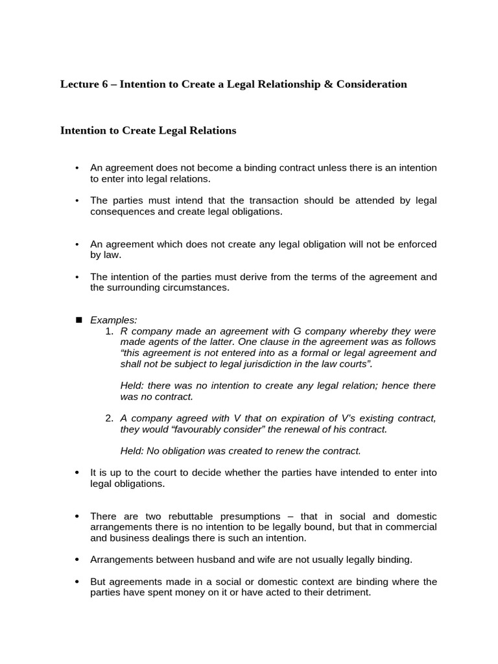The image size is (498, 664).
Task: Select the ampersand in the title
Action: [326, 84]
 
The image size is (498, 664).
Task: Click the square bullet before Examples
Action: [79, 320]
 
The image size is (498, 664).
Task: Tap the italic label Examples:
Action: [113, 320]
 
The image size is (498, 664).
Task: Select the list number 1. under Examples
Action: [109, 331]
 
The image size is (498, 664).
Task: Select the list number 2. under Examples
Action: [109, 418]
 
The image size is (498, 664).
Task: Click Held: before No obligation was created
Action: [133, 451]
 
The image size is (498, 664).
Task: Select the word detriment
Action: [347, 592]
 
